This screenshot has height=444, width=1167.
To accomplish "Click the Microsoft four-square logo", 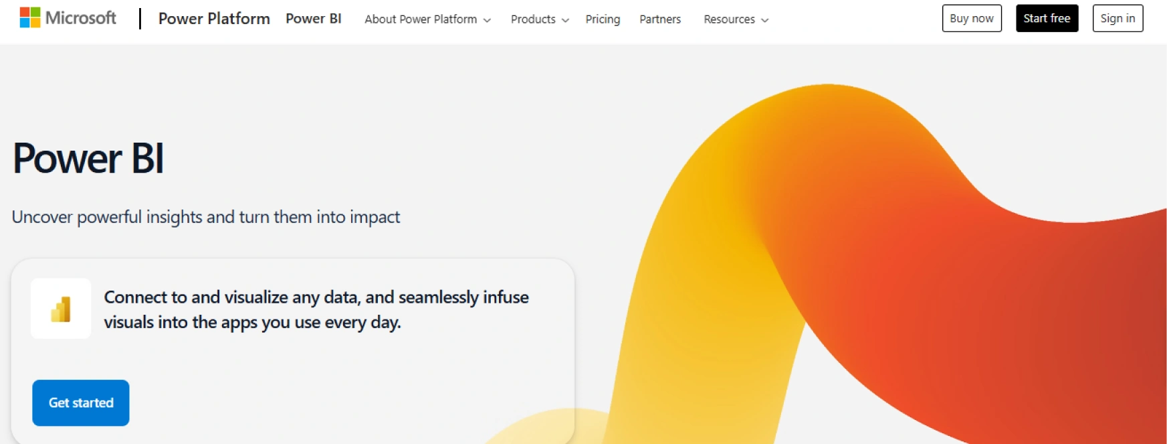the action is (x=30, y=17).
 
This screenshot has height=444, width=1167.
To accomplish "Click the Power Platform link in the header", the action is (x=214, y=19).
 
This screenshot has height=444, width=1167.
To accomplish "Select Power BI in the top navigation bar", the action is (x=314, y=19).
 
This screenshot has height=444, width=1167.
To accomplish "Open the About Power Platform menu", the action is (x=428, y=19).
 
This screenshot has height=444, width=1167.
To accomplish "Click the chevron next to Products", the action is (x=566, y=20).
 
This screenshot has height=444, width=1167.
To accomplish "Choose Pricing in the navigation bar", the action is (x=603, y=19).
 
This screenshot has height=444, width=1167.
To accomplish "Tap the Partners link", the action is (x=660, y=19).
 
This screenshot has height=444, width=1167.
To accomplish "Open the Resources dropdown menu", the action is (x=736, y=19).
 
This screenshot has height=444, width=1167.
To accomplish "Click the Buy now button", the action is (x=972, y=19).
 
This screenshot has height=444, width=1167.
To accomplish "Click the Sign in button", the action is (x=1118, y=19).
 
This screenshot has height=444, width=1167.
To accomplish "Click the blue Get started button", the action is (x=81, y=403).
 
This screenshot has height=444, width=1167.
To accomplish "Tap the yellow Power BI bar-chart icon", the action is (x=61, y=309).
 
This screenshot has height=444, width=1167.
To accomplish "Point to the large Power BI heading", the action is (x=88, y=159).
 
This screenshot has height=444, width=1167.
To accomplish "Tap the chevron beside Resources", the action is (x=765, y=20).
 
